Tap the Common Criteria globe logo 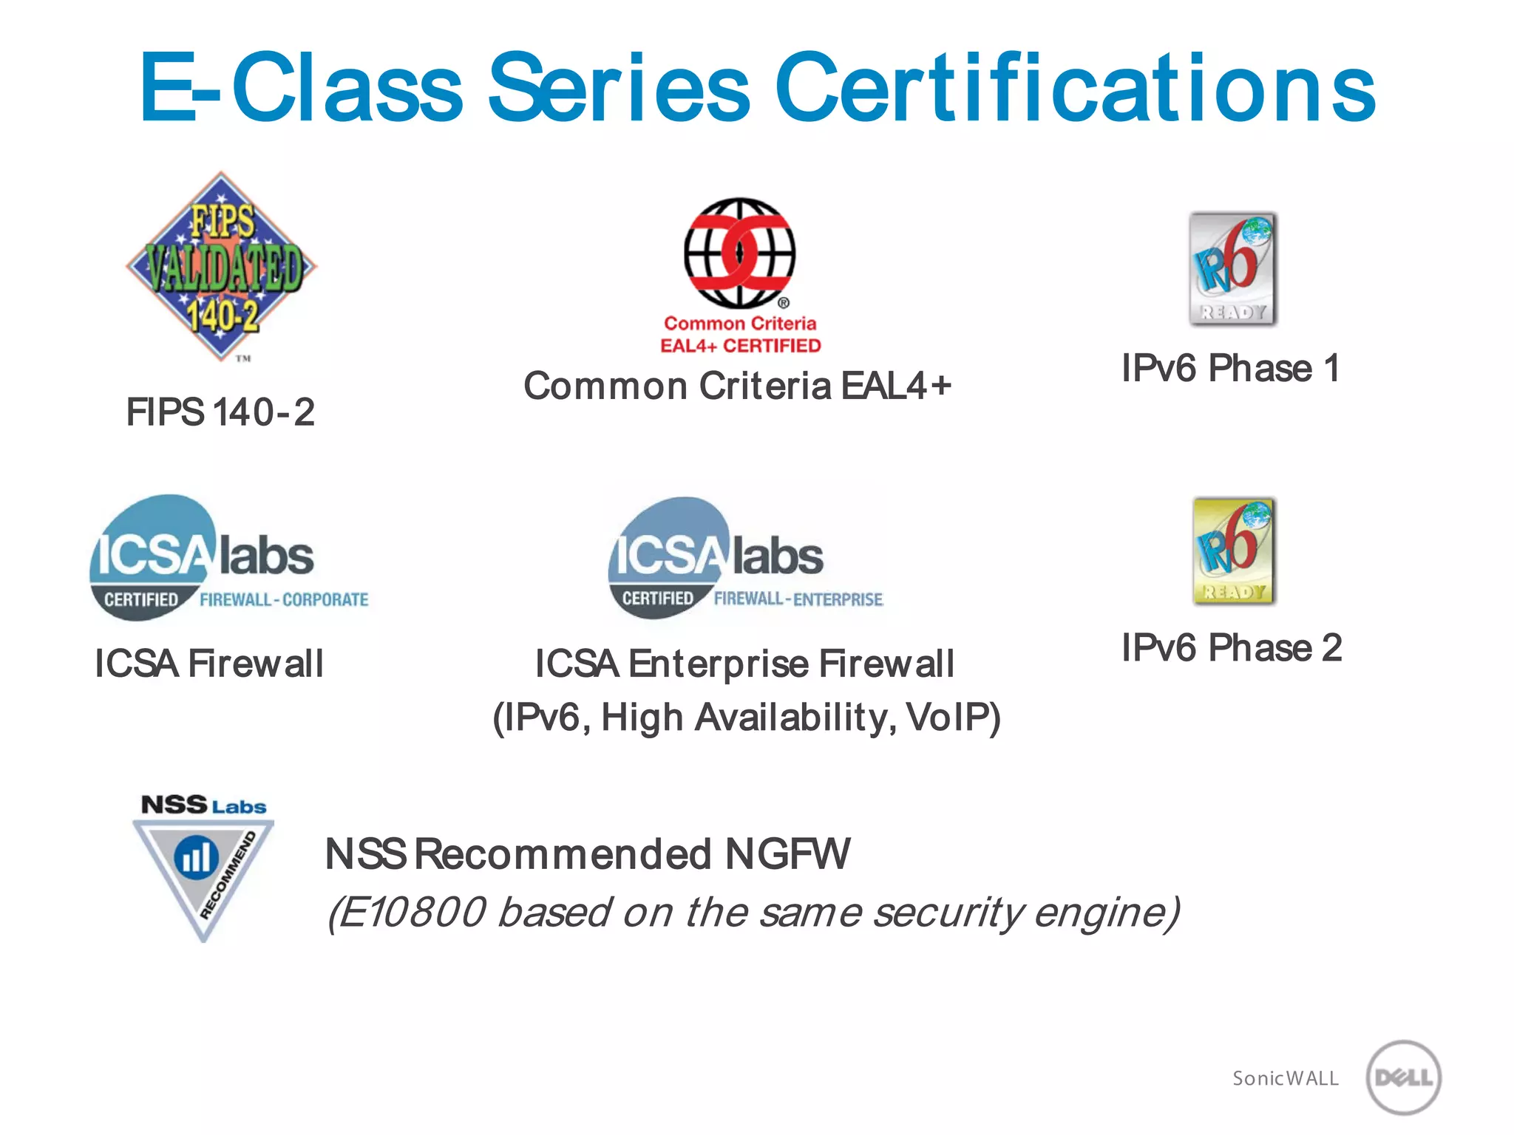(x=739, y=253)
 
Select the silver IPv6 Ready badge (x=1232, y=269)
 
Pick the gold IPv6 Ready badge (x=1233, y=551)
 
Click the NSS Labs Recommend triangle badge (x=203, y=868)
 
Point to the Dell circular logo (x=1403, y=1077)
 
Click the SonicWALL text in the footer (x=1285, y=1079)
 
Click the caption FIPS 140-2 (x=220, y=412)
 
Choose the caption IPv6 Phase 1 (x=1231, y=368)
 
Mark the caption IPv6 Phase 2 (x=1232, y=648)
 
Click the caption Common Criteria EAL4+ (x=737, y=386)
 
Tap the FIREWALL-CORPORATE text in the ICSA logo (x=284, y=599)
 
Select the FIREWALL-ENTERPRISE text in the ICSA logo (x=798, y=599)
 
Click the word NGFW (x=787, y=854)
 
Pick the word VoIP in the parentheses (x=954, y=718)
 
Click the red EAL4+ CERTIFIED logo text (x=740, y=346)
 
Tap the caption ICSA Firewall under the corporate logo (x=209, y=664)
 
